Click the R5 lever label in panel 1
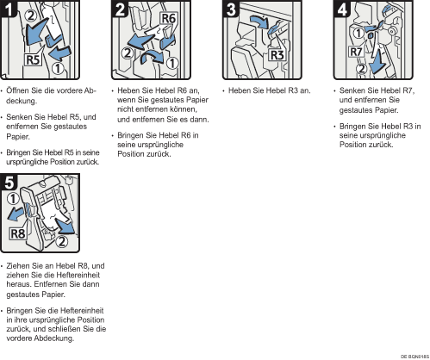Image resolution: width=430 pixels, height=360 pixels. coord(33,60)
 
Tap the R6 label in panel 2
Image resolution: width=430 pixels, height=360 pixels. coord(169,18)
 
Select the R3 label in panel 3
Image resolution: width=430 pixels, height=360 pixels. coord(277,55)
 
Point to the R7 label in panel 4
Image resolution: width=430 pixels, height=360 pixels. coord(356,52)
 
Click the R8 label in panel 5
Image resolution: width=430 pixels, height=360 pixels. coord(18,233)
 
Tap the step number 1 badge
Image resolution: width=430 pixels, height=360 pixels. coord(9,9)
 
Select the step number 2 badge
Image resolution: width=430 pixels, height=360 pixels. coord(121,9)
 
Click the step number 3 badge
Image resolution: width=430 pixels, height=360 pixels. coord(231,9)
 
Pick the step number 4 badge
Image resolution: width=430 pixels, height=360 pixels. coord(342,9)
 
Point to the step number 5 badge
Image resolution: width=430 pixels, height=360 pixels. coord(9,183)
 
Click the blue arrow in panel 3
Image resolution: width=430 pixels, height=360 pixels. coord(259,22)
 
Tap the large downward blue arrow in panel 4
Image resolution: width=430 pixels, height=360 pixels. coord(377,62)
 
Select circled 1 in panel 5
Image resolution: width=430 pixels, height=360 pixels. coord(13,199)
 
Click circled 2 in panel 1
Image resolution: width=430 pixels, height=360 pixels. coord(31,16)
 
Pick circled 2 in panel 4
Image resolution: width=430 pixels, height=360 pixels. coord(362,69)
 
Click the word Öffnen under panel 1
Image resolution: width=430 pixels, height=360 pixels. coord(18,90)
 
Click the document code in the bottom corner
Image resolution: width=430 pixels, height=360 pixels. coord(414,357)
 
